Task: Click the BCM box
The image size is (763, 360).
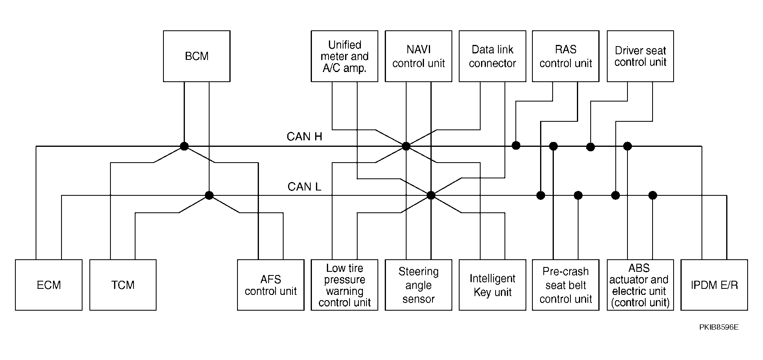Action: [x=197, y=56]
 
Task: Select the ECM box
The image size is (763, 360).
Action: [x=49, y=285]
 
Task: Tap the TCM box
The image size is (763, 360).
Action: [x=123, y=285]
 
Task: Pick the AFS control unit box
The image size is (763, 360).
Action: [x=271, y=285]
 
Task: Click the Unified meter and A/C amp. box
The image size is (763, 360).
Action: [x=344, y=56]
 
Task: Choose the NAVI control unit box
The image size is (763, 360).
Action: [x=418, y=56]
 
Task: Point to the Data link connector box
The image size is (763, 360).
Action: [x=492, y=56]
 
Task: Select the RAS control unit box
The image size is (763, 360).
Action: [x=566, y=56]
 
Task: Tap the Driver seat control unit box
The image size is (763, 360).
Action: [x=640, y=56]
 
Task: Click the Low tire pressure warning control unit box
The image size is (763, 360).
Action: [x=344, y=285]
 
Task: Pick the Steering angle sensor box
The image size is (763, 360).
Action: [x=418, y=285]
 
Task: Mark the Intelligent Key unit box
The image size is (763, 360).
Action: [x=492, y=285]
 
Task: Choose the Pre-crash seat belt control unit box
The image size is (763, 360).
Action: [x=566, y=285]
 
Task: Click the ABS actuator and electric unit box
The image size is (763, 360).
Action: [x=640, y=285]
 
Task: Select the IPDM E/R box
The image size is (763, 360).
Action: [x=714, y=285]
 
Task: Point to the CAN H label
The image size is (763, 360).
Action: [x=304, y=137]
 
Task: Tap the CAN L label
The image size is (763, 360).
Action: [x=304, y=186]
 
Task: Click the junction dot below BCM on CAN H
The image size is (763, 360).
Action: [x=184, y=146]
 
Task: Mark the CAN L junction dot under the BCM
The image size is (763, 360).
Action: [x=209, y=195]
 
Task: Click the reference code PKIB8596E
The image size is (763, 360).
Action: [x=719, y=327]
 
